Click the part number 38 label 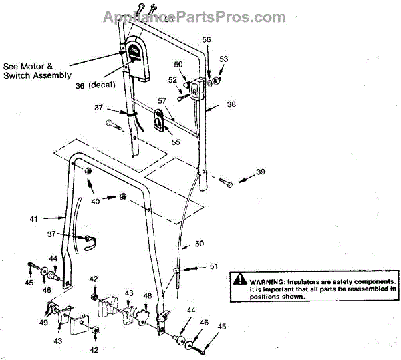(x=231, y=104)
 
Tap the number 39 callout (x=260, y=172)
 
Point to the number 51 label (x=213, y=266)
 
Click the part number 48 (x=148, y=295)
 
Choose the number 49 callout (x=44, y=321)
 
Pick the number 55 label (x=176, y=141)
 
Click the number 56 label (x=207, y=40)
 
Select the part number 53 (x=224, y=59)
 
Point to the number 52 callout (x=172, y=80)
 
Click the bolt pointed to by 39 (x=224, y=180)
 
